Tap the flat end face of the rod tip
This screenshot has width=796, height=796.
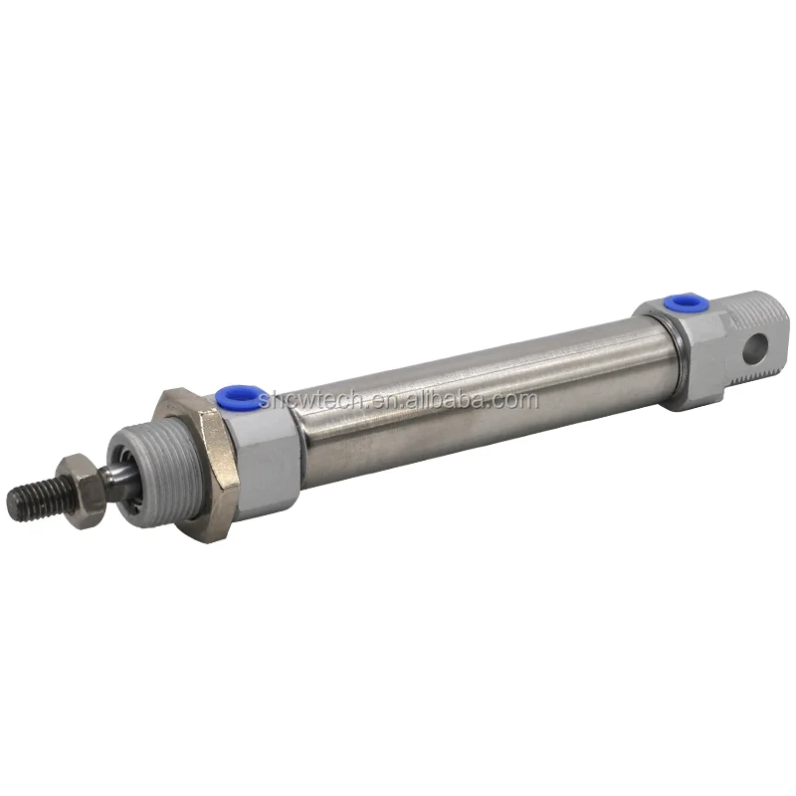tap(17, 497)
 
